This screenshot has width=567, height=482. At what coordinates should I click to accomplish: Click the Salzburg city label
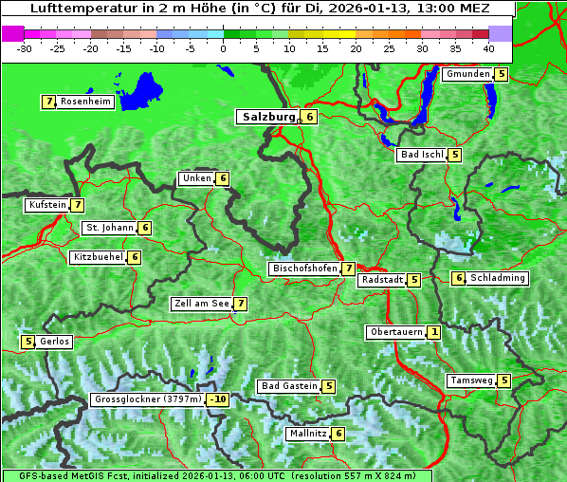(268, 117)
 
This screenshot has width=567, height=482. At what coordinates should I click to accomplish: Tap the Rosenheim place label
(85, 102)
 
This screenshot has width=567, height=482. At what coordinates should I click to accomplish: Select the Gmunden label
(467, 74)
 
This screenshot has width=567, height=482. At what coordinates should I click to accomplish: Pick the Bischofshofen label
(304, 269)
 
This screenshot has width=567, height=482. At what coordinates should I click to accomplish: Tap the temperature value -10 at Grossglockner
(219, 399)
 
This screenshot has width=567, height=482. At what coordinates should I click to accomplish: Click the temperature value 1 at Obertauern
(433, 332)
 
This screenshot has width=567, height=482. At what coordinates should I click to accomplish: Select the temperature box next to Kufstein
(77, 205)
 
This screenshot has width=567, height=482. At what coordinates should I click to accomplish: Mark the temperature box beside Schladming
(458, 278)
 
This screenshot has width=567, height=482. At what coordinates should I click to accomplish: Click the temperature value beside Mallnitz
(338, 434)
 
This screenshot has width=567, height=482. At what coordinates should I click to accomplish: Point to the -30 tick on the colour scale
(25, 48)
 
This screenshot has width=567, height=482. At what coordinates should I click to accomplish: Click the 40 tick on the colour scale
(488, 48)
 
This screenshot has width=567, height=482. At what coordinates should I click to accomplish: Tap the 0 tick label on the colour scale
(223, 48)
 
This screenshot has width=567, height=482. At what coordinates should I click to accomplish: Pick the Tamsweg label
(471, 381)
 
